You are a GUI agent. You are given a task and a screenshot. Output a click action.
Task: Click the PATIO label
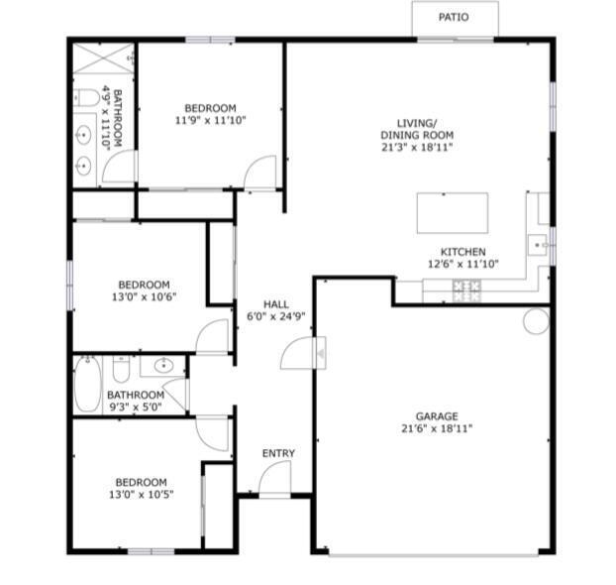click(x=455, y=17)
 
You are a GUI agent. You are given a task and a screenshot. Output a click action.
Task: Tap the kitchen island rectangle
click(x=453, y=212)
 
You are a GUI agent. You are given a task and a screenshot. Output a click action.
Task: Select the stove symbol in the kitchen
click(x=466, y=290)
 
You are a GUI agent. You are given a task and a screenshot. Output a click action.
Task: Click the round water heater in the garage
click(x=536, y=320)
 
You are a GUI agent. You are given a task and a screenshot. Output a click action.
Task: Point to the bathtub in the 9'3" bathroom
click(x=87, y=383)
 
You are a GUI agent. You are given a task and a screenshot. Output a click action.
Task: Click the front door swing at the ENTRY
click(x=274, y=479)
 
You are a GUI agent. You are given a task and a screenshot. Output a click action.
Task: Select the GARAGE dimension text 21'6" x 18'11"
click(x=437, y=429)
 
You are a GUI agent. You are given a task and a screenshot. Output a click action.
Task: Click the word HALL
click(x=276, y=303)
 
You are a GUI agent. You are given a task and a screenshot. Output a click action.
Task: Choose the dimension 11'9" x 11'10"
click(x=210, y=120)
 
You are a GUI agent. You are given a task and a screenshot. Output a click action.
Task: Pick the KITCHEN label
click(x=462, y=252)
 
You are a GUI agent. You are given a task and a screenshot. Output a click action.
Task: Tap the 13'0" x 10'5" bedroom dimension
click(x=140, y=495)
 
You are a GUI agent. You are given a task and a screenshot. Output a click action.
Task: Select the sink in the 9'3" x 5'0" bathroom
click(x=162, y=367)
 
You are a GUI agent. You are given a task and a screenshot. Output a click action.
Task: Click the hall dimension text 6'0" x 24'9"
click(x=276, y=317)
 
